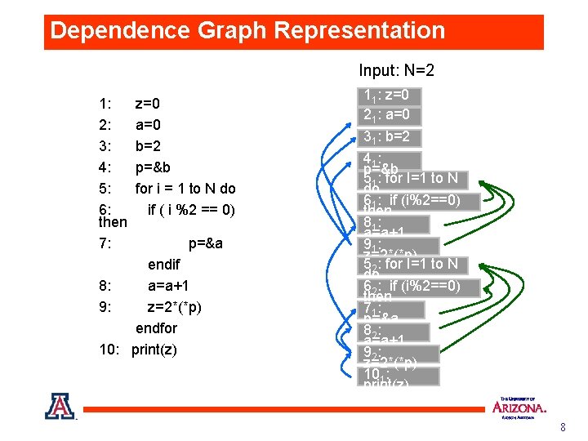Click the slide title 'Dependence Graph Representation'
pyautogui.click(x=247, y=31)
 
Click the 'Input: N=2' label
pyautogui.click(x=396, y=71)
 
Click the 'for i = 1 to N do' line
pyautogui.click(x=185, y=189)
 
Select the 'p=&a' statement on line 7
pyautogui.click(x=206, y=243)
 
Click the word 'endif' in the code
pyautogui.click(x=164, y=265)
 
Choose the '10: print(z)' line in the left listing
pyautogui.click(x=137, y=350)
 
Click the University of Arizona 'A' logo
pyautogui.click(x=60, y=406)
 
